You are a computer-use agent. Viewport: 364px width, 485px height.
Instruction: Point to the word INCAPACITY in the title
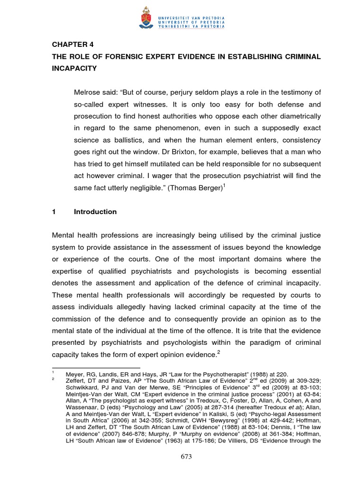(74, 68)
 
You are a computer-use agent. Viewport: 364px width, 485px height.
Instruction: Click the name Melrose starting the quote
(89, 92)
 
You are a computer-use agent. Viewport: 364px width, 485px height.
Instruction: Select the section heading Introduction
(95, 212)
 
